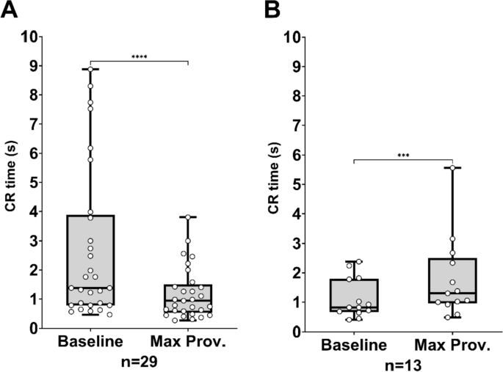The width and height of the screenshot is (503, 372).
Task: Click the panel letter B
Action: coord(272,12)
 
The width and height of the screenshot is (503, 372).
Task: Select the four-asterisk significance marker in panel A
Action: coord(139,56)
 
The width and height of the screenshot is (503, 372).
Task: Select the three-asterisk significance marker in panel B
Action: coord(402,155)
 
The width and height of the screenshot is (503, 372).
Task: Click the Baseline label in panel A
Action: coord(90,343)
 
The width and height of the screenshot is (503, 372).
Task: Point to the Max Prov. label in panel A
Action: coord(189,343)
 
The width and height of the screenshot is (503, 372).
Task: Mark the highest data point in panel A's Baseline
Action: coord(90,69)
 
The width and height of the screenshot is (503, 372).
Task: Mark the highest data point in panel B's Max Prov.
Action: coord(452,168)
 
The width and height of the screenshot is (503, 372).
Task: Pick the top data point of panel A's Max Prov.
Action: coord(189,217)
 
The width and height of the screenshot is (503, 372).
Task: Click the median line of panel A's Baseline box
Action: coord(90,288)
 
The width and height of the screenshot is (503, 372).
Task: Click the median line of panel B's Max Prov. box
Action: coord(452,293)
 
